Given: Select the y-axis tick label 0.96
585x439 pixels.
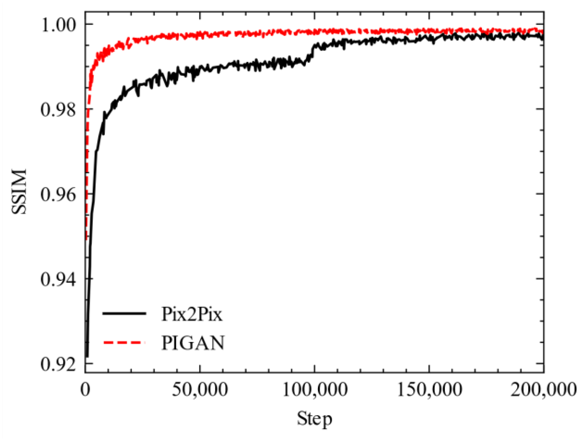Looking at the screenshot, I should click(58, 195).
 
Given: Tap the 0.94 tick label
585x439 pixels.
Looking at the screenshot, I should click(58, 280).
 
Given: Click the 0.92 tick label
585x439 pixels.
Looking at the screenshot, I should click(58, 364).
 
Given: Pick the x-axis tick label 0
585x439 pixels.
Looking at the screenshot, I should click(85, 389).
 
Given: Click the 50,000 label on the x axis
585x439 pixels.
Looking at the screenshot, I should click(200, 389).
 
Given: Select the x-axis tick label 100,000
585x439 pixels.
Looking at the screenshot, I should click(315, 389).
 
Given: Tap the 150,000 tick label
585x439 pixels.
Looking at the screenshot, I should click(429, 389).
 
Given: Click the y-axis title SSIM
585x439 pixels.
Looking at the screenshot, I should click(19, 191).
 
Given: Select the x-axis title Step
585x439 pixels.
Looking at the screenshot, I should click(314, 419).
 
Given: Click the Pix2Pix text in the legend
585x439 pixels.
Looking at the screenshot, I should click(191, 314).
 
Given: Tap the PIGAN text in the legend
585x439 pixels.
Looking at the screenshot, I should click(193, 343).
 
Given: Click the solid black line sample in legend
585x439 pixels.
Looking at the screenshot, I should click(124, 313).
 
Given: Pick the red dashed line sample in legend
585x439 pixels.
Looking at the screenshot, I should click(124, 342).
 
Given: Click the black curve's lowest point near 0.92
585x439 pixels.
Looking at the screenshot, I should click(87, 356).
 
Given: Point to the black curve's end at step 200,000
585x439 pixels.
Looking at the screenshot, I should click(543, 38).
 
